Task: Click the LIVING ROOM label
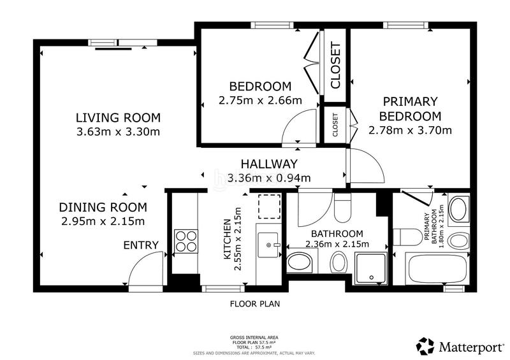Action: [x=118, y=117]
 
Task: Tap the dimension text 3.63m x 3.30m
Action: [x=118, y=132]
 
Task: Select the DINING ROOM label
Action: [x=103, y=207]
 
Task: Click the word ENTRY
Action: [x=141, y=245]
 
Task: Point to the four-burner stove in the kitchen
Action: [x=186, y=241]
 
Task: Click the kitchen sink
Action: [x=268, y=245]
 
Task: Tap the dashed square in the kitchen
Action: [x=269, y=206]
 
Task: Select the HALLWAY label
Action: [x=269, y=164]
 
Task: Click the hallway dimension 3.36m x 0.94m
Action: [x=269, y=178]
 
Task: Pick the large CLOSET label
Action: [x=335, y=65]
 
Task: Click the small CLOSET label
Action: [x=335, y=125]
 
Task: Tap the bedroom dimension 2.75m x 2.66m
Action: [x=260, y=101]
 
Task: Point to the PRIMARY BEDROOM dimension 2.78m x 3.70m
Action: [x=410, y=131]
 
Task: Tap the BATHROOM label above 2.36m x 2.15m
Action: [x=337, y=233]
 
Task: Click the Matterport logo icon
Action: [x=425, y=346]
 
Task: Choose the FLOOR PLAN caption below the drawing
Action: [x=255, y=304]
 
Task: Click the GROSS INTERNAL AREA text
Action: [x=254, y=338]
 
